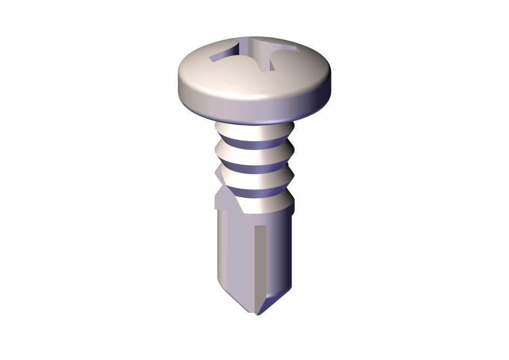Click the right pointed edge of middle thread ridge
coord(294,176)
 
